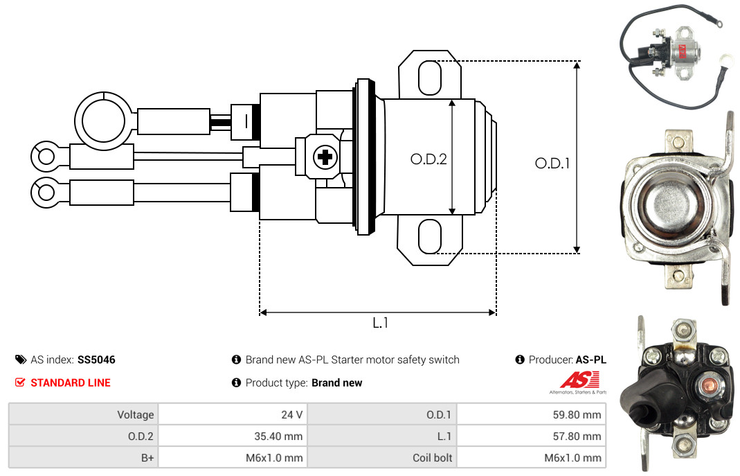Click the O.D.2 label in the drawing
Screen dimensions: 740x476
coord(428,159)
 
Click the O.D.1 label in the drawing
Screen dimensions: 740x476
coord(552,164)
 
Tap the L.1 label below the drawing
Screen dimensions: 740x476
coord(380,323)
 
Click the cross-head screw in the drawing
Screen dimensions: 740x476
coord(325,157)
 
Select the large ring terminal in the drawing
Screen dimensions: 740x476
coord(103,121)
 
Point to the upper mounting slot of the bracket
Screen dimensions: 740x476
coord(430,78)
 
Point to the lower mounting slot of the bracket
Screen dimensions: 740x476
coord(430,236)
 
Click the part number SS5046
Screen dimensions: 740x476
coord(96,360)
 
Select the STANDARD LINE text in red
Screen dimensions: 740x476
coord(71,383)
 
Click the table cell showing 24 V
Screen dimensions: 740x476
coord(233,414)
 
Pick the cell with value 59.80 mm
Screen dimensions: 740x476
coord(532,414)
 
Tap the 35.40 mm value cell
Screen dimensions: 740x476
coord(233,436)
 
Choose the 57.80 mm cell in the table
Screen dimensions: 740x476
coord(532,436)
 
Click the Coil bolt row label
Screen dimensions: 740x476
coord(382,457)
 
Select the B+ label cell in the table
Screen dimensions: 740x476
coord(84,457)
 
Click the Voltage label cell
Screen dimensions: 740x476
coord(84,414)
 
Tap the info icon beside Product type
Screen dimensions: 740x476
coord(237,382)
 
